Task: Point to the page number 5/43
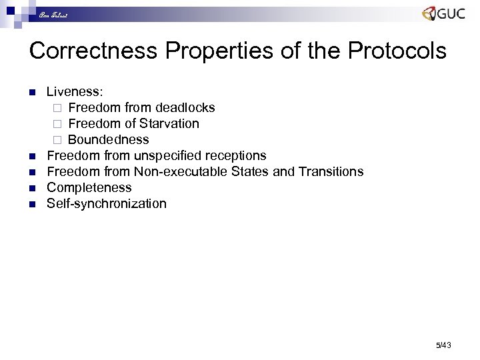click(x=443, y=345)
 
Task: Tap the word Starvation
click(x=169, y=124)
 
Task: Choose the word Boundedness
click(x=108, y=140)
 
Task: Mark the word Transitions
click(x=331, y=172)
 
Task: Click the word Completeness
click(x=89, y=188)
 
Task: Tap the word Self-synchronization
click(x=106, y=204)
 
